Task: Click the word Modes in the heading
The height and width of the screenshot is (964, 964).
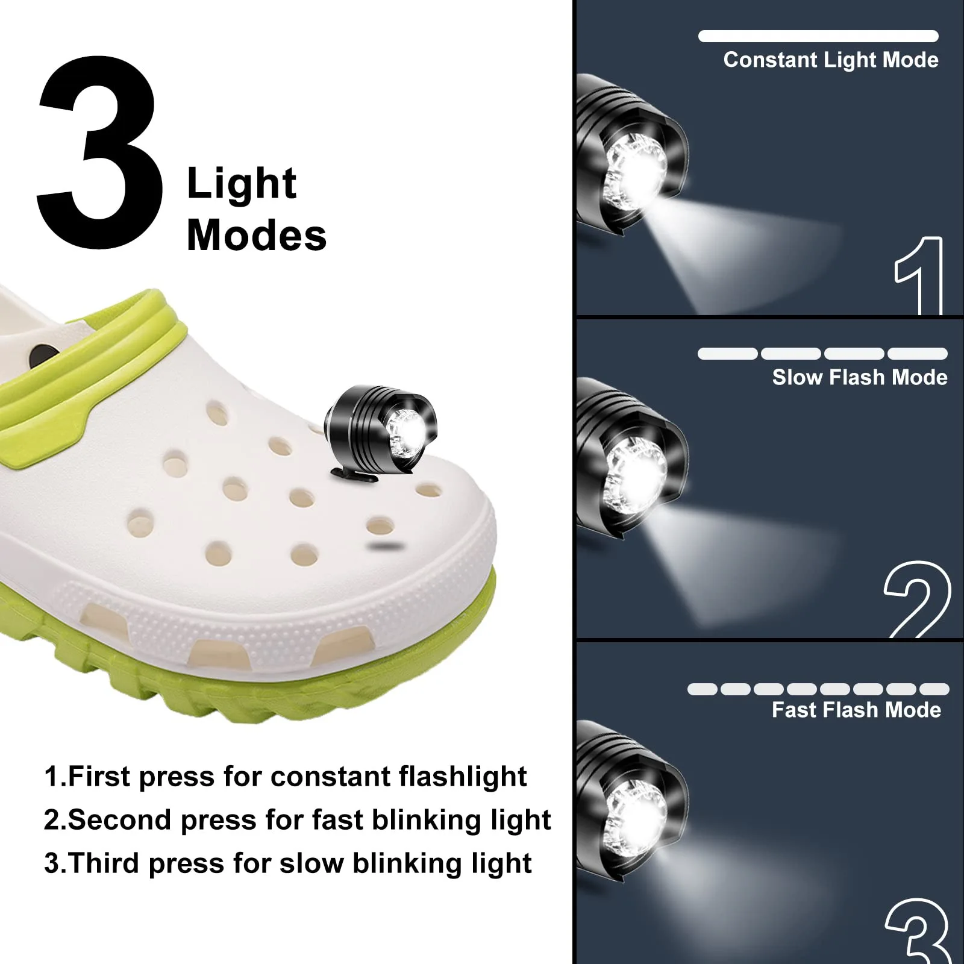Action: tap(257, 235)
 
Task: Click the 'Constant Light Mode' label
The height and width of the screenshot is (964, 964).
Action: tap(830, 60)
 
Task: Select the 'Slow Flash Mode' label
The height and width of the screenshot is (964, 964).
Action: tap(859, 378)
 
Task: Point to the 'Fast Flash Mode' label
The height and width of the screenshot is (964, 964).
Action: tap(856, 710)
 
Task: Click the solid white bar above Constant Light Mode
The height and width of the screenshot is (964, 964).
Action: tap(818, 36)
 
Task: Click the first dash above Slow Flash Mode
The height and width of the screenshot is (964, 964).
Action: tap(727, 354)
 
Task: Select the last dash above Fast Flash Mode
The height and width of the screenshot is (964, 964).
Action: tap(934, 689)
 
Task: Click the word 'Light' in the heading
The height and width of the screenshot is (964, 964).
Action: tap(242, 183)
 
